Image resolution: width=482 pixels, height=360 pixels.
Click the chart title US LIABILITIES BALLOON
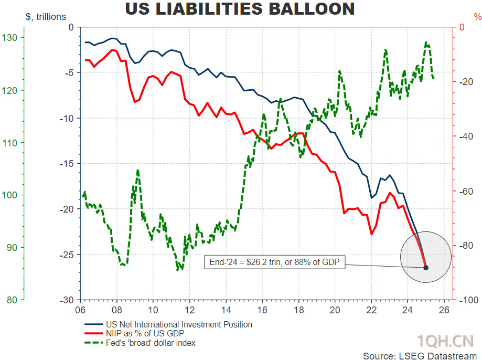coord(240,9)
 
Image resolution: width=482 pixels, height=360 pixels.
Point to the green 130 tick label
coord(10,38)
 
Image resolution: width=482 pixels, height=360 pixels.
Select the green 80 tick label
coord(12,300)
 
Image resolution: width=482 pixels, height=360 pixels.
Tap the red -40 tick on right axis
coord(465,136)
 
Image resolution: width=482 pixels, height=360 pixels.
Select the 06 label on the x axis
coord(80,310)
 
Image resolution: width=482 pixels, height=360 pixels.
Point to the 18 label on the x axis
coord(298,310)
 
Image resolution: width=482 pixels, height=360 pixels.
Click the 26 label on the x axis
coord(444,310)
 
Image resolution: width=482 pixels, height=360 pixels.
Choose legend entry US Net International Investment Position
coord(179,325)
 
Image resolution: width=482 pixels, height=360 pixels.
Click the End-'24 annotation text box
coord(274,262)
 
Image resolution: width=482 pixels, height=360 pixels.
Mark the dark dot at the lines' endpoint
coord(426,268)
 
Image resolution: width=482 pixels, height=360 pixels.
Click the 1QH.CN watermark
coord(445,341)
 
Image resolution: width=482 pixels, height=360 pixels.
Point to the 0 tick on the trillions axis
coord(71,27)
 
